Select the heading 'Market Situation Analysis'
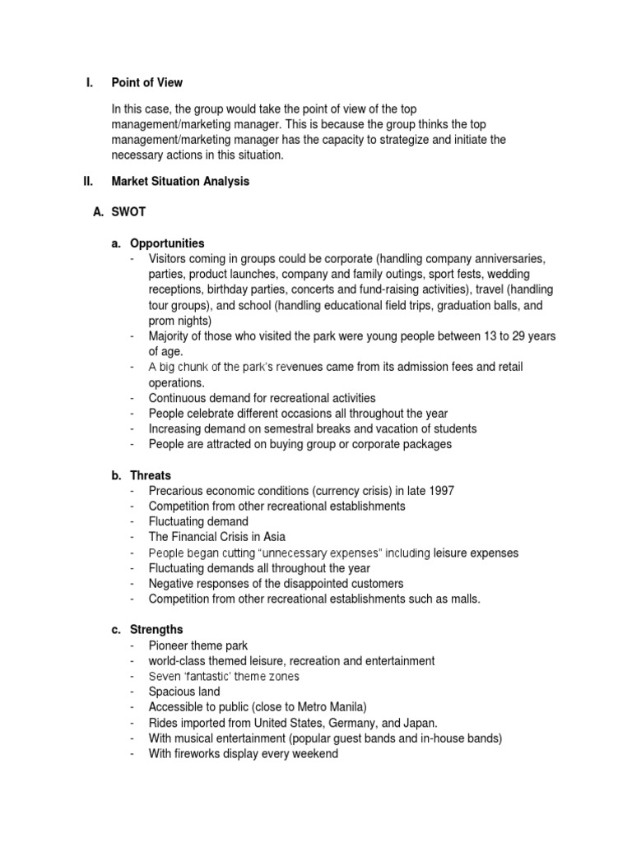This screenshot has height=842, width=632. coord(180,182)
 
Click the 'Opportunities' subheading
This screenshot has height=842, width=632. coord(167,243)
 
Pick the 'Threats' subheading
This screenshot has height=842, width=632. coord(151,475)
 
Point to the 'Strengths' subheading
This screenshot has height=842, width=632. coord(156,630)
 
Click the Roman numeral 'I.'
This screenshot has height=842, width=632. coord(90,82)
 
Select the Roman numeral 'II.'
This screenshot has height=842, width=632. coord(91,182)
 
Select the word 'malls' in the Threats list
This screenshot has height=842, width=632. coord(462,599)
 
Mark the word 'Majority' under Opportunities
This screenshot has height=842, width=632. coord(170,336)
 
